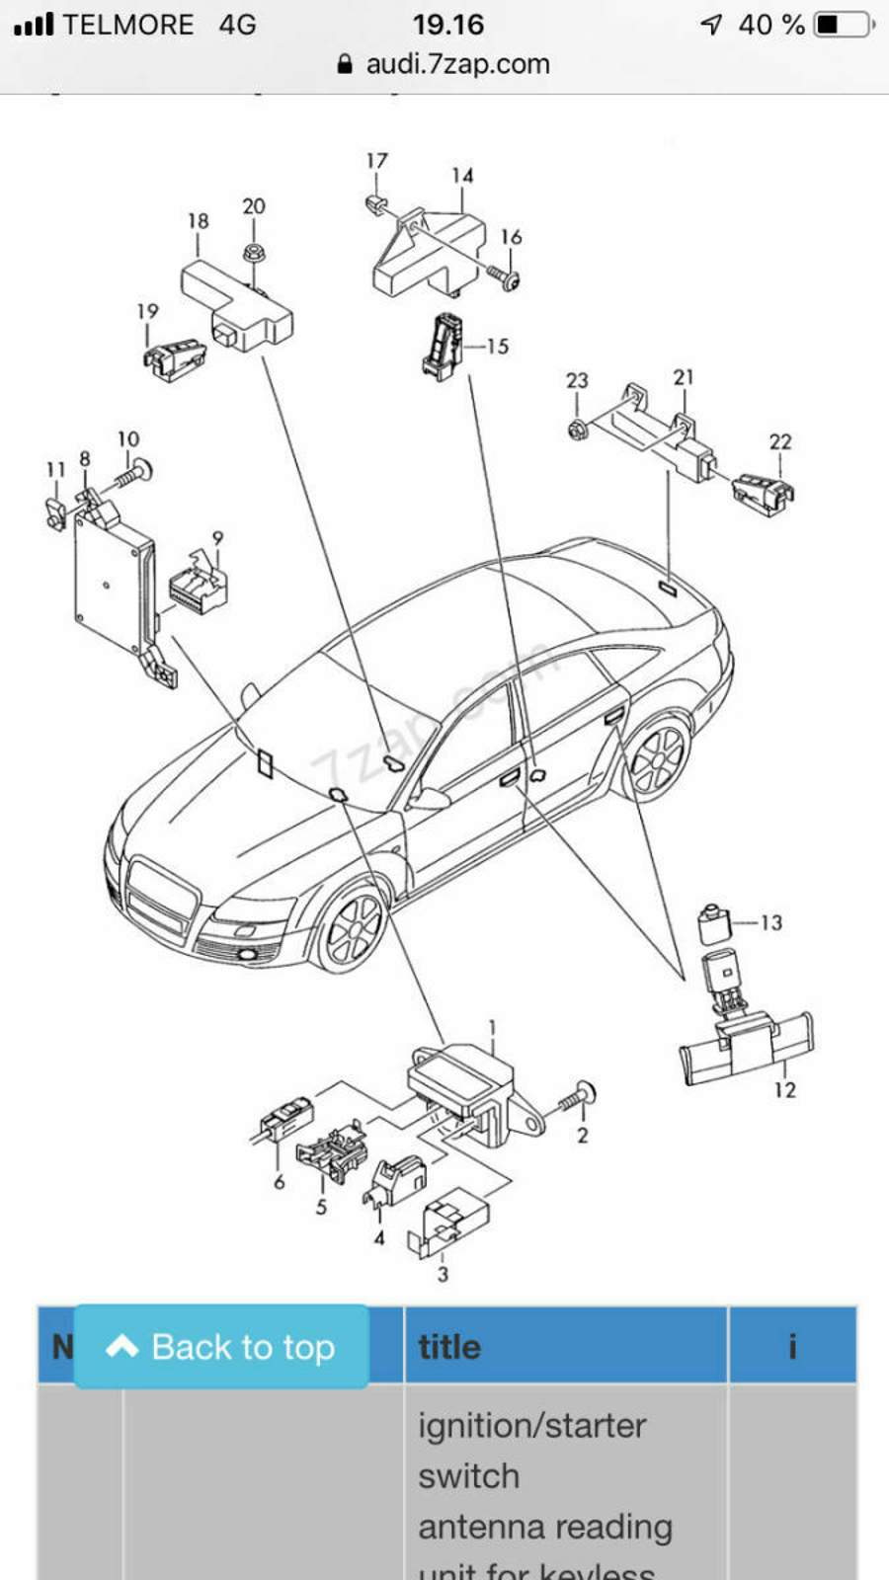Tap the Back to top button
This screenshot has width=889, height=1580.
pos(221,1347)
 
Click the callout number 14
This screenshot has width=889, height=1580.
pos(462,176)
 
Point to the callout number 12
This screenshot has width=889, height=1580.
pos(784,1090)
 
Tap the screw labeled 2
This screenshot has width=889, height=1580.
pos(577,1099)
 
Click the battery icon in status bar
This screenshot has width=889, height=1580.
pos(843,24)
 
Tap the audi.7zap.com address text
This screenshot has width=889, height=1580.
pos(457,64)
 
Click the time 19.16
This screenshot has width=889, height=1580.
pos(447,24)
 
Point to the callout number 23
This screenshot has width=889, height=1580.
pos(577,381)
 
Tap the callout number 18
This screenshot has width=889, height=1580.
pos(198,221)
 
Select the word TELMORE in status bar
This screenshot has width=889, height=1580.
pos(128,25)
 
